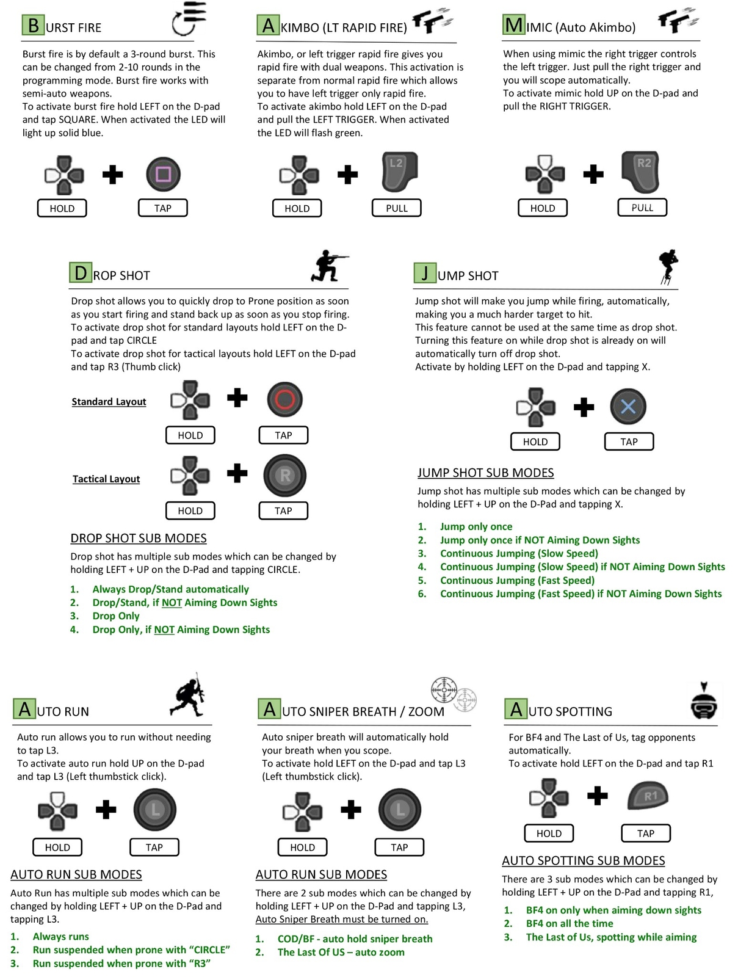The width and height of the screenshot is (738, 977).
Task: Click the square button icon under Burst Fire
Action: point(163,174)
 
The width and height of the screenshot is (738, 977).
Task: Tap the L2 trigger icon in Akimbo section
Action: point(399,172)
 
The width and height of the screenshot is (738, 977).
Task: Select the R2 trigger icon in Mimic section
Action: point(641,172)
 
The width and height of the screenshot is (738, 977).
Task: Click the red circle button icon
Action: point(284,399)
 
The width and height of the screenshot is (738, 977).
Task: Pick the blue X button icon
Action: point(628,407)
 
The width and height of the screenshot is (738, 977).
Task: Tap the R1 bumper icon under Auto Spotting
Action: point(648,795)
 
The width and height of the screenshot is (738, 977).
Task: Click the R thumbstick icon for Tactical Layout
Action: point(284,475)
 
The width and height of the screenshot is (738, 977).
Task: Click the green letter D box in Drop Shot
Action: point(81,272)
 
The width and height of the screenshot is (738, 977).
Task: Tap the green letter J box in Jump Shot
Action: point(425,273)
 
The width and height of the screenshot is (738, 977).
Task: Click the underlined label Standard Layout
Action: point(109,402)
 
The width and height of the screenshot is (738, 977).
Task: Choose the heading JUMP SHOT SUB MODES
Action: point(485,473)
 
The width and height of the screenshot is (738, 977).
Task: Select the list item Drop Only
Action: point(116,616)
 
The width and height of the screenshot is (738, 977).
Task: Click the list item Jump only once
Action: point(476,526)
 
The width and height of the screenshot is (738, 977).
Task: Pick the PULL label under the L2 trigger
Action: point(397,208)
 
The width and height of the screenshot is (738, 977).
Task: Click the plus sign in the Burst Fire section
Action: point(112,174)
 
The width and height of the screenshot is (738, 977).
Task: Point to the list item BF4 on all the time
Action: point(570,923)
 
